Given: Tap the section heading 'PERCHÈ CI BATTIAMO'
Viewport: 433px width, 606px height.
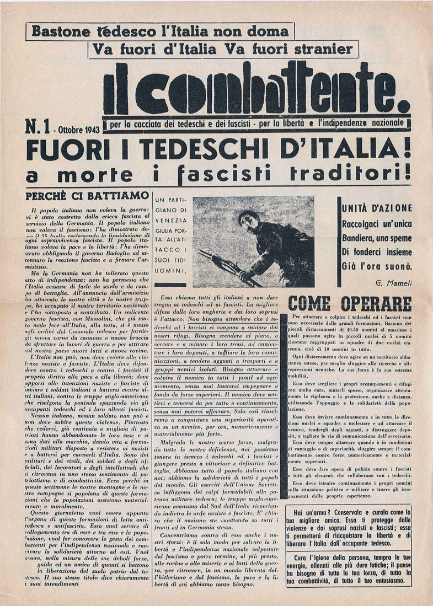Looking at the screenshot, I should click(87, 195).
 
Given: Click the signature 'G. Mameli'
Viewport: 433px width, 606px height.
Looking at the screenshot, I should click(394, 283).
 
